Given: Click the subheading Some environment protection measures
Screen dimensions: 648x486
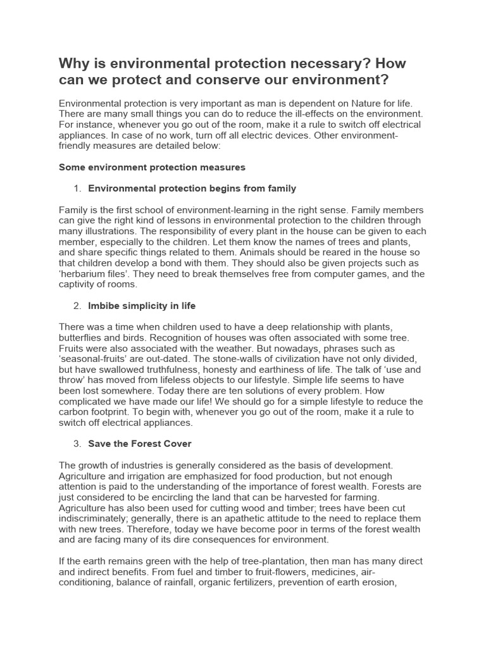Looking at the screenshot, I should (x=152, y=167).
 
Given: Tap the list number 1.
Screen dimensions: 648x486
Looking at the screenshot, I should (x=77, y=189).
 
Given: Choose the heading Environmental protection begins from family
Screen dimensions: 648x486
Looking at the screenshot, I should (x=192, y=189).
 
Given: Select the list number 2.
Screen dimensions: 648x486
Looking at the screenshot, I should (x=77, y=306).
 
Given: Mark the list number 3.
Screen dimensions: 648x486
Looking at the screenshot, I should (x=77, y=444).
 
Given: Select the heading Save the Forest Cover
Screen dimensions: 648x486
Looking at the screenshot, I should (x=139, y=444).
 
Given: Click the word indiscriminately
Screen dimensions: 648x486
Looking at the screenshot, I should (x=96, y=519).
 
